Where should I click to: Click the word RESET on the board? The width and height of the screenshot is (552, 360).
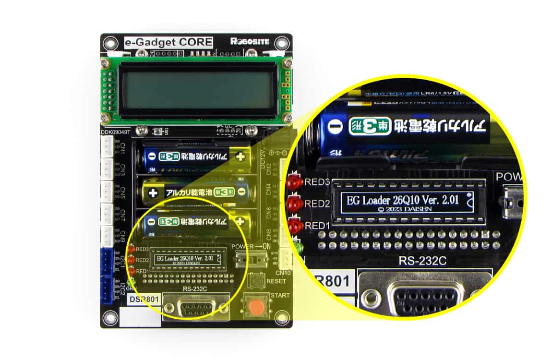point(276,281)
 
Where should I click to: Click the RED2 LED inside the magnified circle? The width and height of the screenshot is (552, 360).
point(293,204)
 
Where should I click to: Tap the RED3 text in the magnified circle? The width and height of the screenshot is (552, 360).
point(317,182)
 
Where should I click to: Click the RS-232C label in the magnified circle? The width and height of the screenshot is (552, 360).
point(422,261)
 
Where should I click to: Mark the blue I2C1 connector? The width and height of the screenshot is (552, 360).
point(107,261)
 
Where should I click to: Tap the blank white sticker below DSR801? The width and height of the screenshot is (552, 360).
point(138,316)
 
